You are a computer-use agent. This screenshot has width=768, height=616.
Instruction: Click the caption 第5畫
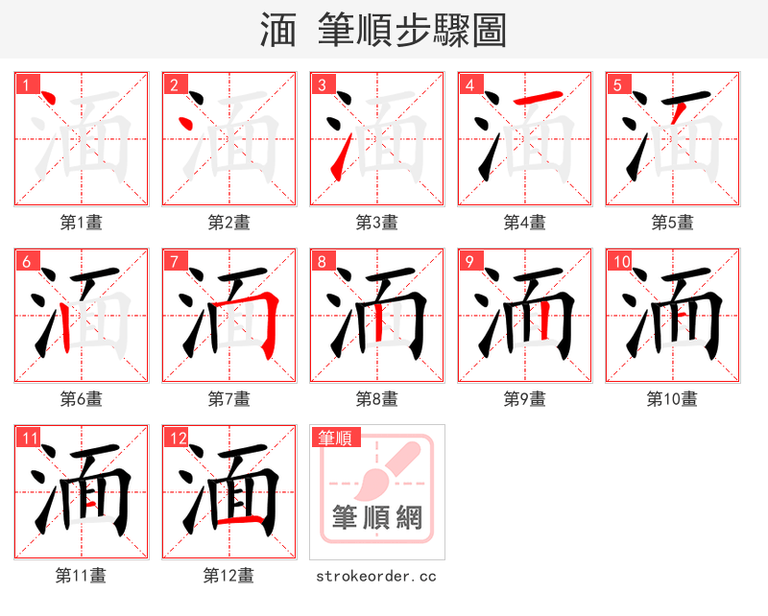(x=672, y=223)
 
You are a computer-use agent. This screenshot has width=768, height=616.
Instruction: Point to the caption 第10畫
(x=672, y=399)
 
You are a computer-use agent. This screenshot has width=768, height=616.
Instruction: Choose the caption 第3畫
(x=376, y=223)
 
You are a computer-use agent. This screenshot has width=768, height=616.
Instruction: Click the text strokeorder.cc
(x=376, y=576)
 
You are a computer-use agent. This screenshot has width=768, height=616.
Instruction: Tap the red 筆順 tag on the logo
(x=335, y=438)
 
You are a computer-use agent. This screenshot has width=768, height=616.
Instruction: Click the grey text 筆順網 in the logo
(x=376, y=518)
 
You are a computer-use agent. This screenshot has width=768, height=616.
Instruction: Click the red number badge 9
(x=470, y=261)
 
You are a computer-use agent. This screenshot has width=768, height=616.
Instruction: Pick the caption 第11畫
(x=81, y=576)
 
